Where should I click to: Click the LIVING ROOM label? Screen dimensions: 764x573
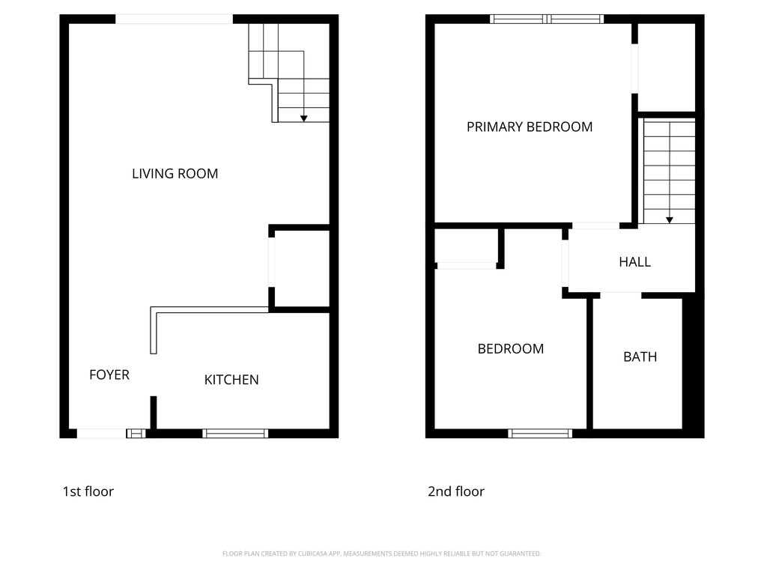(x=175, y=174)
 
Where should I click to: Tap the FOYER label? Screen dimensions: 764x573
(x=109, y=375)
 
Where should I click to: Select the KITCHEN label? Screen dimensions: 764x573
(x=231, y=380)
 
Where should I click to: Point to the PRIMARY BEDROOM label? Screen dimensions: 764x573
(x=530, y=127)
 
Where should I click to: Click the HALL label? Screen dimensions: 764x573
(x=635, y=262)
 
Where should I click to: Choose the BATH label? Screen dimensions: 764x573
(x=640, y=357)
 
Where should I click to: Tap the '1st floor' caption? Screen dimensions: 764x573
(x=88, y=491)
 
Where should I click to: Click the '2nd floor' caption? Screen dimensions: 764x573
(x=456, y=491)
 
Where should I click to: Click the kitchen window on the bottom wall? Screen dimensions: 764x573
(x=235, y=434)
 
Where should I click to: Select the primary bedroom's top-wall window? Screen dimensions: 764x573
(x=547, y=19)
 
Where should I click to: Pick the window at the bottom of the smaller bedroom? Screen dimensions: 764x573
(x=540, y=434)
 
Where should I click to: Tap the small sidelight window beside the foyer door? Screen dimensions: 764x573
(x=136, y=434)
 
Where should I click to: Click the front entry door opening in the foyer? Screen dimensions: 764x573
(x=101, y=434)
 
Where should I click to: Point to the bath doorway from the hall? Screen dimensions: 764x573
(x=621, y=295)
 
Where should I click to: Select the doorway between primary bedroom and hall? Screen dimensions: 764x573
(x=595, y=225)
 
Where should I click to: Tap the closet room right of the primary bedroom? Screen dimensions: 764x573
(x=666, y=67)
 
